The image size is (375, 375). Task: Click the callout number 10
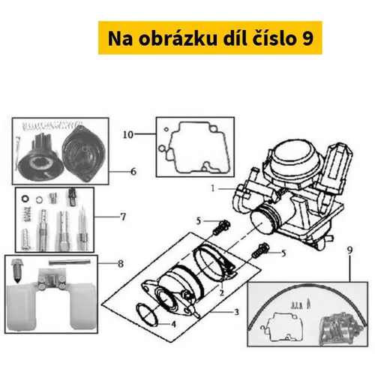tap(128, 135)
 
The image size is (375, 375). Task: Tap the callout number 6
tap(133, 172)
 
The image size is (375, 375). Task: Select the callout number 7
tap(123, 217)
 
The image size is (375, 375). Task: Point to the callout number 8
tap(121, 263)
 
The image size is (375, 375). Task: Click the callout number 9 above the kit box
tap(350, 250)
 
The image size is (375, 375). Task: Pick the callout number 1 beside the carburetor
tap(213, 188)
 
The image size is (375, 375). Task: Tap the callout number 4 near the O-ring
tap(173, 324)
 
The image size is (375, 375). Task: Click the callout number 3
tap(236, 312)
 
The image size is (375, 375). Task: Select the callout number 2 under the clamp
tap(221, 292)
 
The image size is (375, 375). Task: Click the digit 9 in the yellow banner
tap(307, 38)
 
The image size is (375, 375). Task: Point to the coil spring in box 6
tap(52, 125)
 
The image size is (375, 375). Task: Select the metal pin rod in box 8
tap(69, 262)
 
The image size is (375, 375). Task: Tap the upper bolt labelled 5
tap(221, 227)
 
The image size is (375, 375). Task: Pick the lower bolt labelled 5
tap(260, 251)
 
